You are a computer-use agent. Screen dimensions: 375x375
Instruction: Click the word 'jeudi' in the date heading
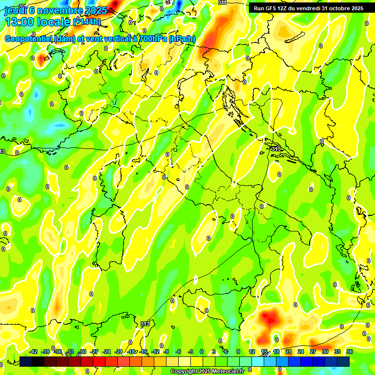click(x=15, y=9)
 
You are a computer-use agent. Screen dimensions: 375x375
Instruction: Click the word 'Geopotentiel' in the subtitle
click(x=28, y=39)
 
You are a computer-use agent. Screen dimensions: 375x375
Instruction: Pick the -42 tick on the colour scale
click(x=33, y=352)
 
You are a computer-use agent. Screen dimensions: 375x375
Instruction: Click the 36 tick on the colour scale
click(x=350, y=352)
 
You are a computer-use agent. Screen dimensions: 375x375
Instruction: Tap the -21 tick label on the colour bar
click(x=119, y=352)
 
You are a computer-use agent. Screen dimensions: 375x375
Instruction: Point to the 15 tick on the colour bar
click(x=264, y=352)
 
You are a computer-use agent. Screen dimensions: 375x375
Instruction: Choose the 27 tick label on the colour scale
click(x=313, y=352)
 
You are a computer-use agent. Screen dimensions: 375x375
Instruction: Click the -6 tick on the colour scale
click(x=179, y=352)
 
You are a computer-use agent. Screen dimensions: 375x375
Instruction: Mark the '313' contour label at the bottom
click(x=145, y=324)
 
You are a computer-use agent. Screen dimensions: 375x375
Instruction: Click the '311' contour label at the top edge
click(x=222, y=2)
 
